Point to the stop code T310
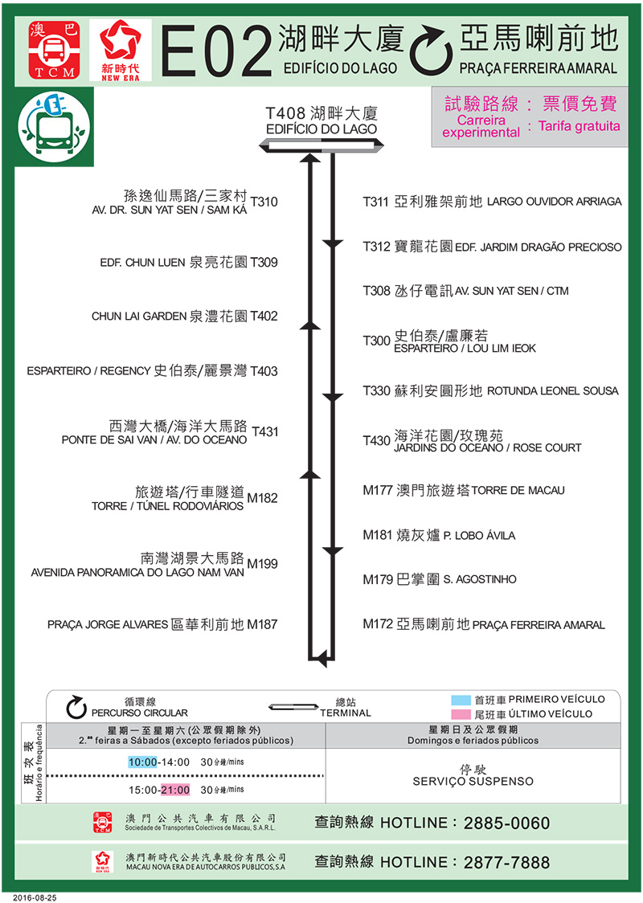264,202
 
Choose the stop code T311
376,202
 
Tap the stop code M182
262,498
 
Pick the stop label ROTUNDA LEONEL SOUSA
553,391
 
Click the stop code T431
264,431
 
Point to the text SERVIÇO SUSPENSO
473,782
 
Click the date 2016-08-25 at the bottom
35,896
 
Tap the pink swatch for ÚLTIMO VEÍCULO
461,714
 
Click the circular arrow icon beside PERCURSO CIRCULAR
76,706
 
